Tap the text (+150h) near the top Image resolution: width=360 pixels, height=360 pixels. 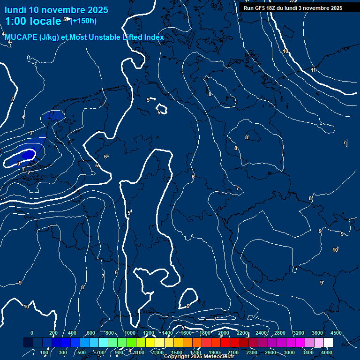point(83,21)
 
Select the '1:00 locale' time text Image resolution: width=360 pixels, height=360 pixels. point(33,21)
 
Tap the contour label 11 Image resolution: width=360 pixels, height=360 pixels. point(313,70)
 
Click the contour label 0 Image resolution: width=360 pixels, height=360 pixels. point(19,164)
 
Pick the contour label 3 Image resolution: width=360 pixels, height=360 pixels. point(31,133)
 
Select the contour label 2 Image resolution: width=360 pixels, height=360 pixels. point(29,172)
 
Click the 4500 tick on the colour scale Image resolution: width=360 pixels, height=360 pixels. point(336,333)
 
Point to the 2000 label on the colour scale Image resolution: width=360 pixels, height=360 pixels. point(224,333)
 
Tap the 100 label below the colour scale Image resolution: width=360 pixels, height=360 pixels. point(45,352)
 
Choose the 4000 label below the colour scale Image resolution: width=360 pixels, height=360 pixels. point(327,352)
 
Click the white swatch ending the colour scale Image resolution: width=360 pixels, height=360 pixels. point(328,343)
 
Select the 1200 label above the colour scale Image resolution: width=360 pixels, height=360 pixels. point(149,333)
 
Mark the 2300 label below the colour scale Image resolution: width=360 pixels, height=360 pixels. point(252,352)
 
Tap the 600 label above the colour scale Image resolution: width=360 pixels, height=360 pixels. point(91,333)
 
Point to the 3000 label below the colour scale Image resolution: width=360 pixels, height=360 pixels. point(289,352)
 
